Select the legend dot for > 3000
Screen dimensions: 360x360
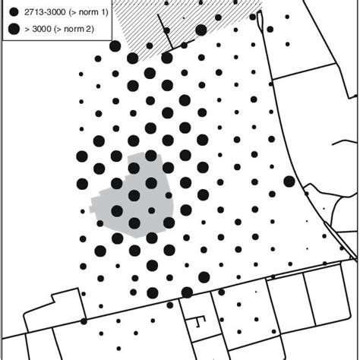[x=14, y=30]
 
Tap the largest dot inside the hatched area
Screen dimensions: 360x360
[x=201, y=30]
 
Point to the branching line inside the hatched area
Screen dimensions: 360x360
[x=163, y=27]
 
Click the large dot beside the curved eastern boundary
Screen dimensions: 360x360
[x=289, y=181]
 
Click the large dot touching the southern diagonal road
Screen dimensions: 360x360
[x=186, y=292]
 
